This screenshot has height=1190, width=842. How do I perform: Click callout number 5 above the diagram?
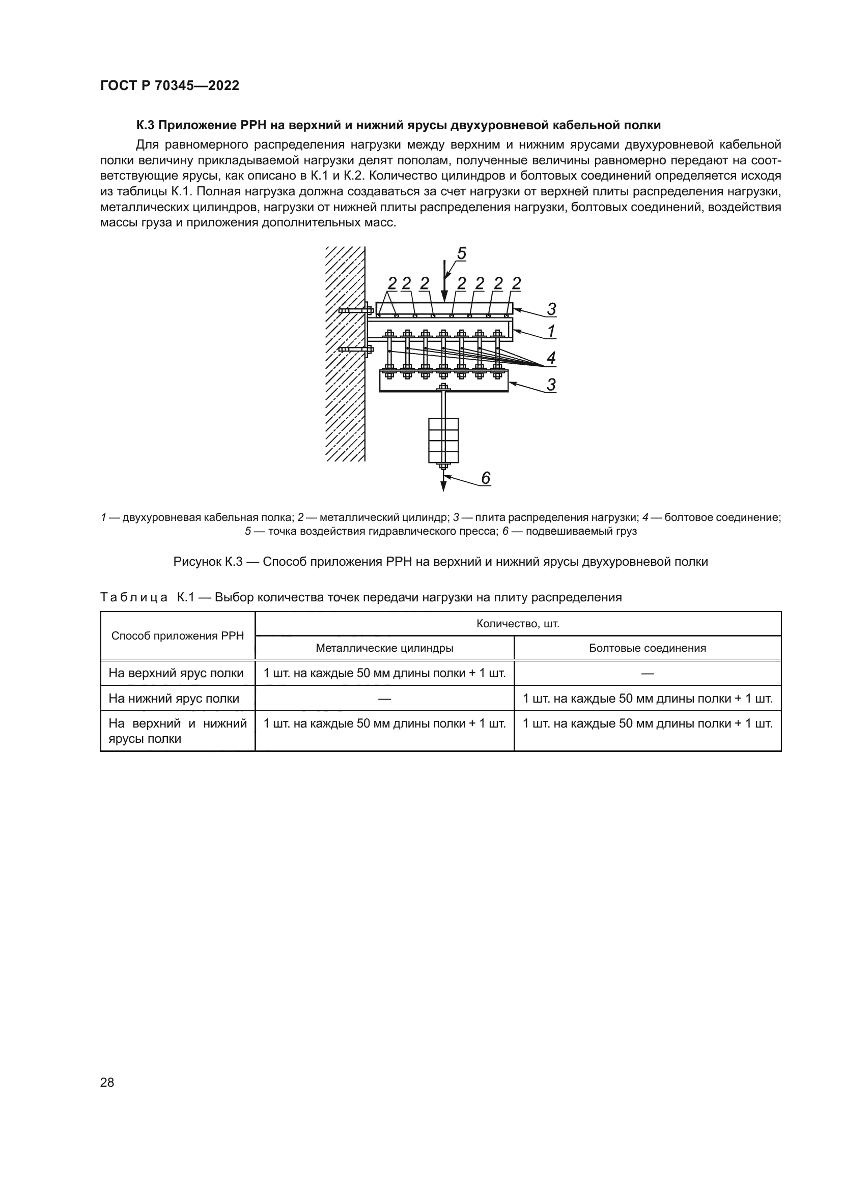pos(461,254)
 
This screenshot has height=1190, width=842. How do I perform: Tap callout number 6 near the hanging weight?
pos(485,478)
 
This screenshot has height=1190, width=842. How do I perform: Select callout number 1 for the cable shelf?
pos(551,331)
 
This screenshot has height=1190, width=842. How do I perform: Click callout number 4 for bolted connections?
pos(551,357)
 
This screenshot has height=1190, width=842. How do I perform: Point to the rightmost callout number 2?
pos(516,283)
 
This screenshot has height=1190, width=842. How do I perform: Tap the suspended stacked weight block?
pos(443,440)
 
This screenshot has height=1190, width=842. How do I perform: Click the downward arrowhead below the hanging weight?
pos(443,486)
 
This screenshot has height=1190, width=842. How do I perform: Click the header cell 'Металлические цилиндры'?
pos(384,648)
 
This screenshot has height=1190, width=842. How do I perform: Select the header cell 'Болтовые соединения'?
pos(647,648)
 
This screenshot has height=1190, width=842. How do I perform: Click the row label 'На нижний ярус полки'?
pos(174,698)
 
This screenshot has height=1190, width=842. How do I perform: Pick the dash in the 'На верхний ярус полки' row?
pos(647,673)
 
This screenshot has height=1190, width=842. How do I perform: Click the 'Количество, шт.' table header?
pos(517,624)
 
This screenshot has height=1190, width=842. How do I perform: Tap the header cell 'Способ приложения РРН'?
pos(177,635)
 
